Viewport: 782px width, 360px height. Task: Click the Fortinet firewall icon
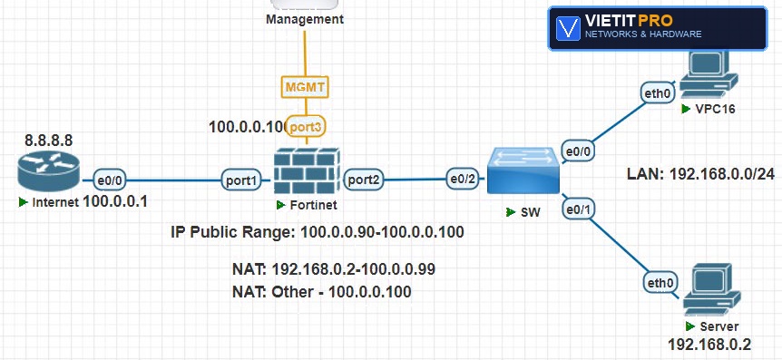[307, 171]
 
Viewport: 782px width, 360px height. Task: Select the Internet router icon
[48, 170]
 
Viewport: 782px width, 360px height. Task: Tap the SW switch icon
[523, 170]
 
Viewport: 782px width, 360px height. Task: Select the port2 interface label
[364, 180]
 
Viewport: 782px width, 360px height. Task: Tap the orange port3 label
[307, 127]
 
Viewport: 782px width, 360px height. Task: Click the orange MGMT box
[305, 87]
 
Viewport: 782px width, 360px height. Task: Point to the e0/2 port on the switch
[462, 179]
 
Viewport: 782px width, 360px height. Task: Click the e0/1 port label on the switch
[578, 209]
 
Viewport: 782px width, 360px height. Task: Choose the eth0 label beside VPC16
[658, 92]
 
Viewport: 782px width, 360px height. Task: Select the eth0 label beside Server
[660, 283]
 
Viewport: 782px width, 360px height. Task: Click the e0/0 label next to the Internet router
[109, 180]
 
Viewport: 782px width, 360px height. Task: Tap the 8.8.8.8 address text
[48, 141]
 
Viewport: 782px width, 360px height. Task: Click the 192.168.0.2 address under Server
[709, 344]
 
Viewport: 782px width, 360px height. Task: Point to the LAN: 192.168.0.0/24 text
[700, 173]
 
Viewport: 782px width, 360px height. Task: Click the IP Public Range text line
[318, 232]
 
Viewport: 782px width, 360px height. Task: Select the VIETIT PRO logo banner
[658, 28]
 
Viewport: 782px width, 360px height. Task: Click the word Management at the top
[305, 19]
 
